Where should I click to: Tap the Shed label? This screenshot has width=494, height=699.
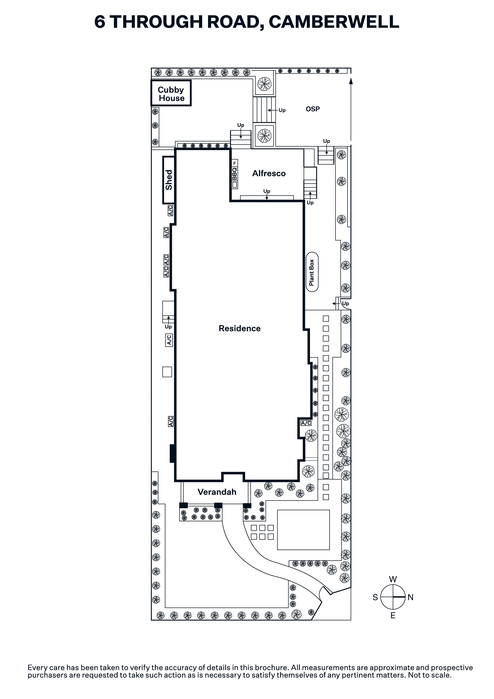[169, 180]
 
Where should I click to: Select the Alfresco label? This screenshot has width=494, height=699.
[269, 174]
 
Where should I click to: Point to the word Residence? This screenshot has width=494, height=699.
[240, 328]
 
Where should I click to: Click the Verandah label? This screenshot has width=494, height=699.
[217, 492]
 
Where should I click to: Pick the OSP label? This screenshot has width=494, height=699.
[313, 109]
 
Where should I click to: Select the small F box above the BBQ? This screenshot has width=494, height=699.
[234, 163]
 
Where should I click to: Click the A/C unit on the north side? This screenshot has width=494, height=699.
[306, 423]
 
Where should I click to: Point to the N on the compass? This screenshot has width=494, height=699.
[410, 597]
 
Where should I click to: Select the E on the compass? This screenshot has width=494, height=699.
[393, 615]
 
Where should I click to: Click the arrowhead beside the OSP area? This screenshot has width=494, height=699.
[351, 81]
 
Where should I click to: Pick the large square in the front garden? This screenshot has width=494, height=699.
[303, 530]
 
